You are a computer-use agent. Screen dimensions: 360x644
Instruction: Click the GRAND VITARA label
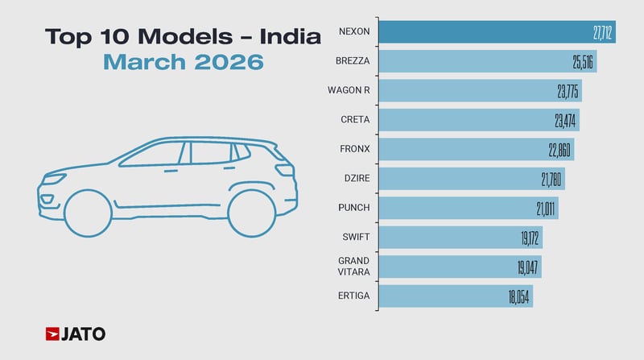click(x=354, y=267)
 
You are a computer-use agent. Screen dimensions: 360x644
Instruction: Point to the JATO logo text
click(x=85, y=333)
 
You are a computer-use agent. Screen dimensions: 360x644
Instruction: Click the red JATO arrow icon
click(x=52, y=333)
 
